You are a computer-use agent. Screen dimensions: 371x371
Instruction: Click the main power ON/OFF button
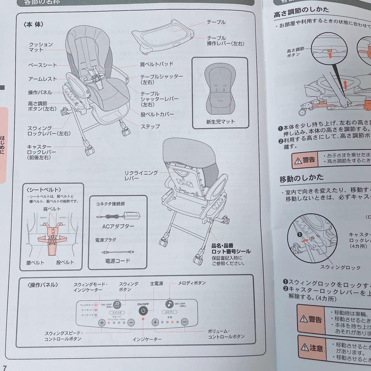pos(143,311)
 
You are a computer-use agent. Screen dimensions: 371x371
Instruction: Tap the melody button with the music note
pos(169,304)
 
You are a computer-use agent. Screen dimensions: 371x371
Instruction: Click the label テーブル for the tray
pos(216,22)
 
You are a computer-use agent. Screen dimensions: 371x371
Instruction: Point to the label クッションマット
pos(41,47)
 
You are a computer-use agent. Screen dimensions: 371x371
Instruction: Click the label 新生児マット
pos(221,122)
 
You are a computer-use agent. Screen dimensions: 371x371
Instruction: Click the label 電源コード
pos(117,261)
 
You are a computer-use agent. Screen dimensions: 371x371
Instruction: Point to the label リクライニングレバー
pos(136,175)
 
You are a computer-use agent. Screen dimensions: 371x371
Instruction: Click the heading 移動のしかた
pos(301,178)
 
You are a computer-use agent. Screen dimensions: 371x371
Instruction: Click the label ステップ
pos(150,126)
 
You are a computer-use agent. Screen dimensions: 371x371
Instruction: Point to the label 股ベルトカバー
pos(157,114)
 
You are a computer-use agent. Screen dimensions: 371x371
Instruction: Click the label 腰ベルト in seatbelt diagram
pos(35,262)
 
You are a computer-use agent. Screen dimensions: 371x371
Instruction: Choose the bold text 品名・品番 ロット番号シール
pos(231,248)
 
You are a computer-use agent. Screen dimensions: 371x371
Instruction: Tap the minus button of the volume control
pos(184,322)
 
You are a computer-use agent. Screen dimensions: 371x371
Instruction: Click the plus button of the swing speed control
pos(102,323)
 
